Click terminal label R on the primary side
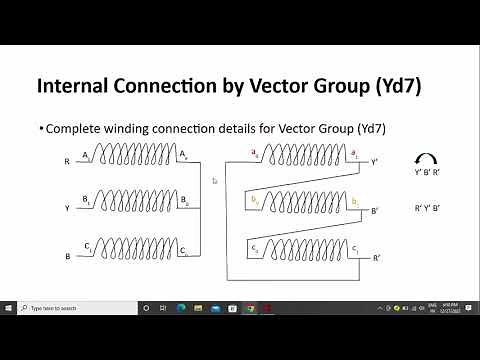point(67,161)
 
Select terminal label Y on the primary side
point(67,208)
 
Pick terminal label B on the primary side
point(67,256)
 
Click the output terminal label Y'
point(375,161)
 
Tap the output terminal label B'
point(375,211)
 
